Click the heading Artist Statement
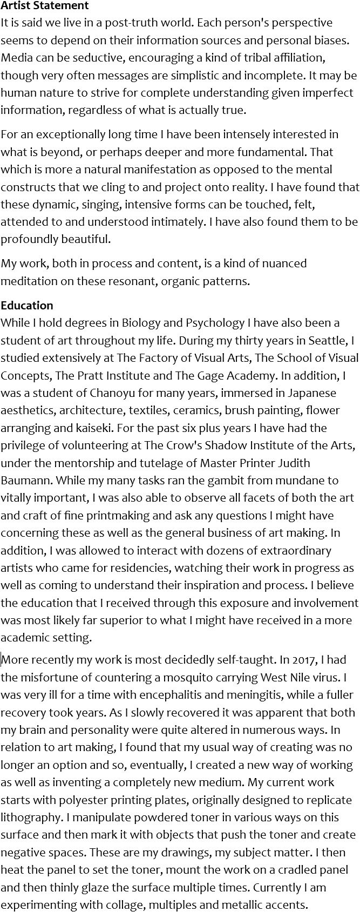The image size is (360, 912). click(45, 6)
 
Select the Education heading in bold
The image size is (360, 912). click(27, 305)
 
